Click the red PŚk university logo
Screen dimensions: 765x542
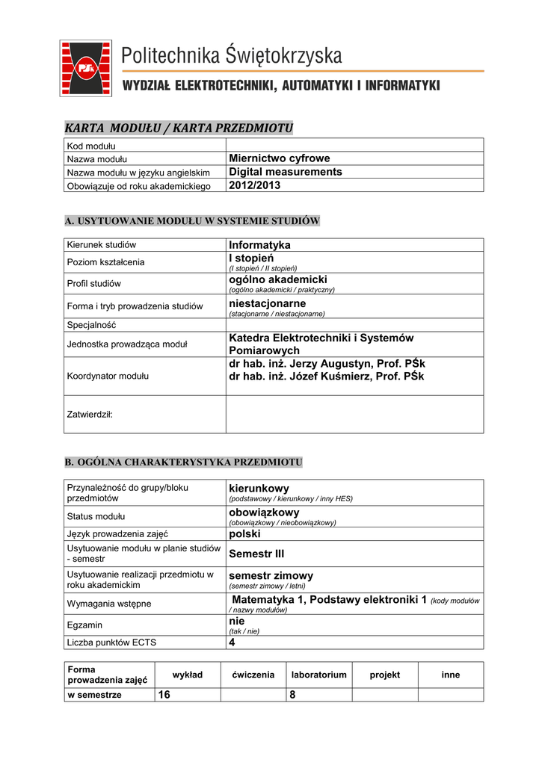click(x=86, y=68)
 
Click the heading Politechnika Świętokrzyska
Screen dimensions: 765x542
click(x=232, y=55)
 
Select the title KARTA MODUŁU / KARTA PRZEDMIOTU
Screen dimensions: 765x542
click(x=179, y=128)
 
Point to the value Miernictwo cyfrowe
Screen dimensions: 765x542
click(x=279, y=158)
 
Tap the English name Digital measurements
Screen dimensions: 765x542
click(x=285, y=172)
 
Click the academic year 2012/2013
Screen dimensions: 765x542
click(x=254, y=185)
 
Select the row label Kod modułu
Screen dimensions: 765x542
click(x=90, y=146)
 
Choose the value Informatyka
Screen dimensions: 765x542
click(x=259, y=245)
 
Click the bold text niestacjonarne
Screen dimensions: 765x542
click(x=267, y=303)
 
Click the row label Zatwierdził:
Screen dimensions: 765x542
click(x=90, y=414)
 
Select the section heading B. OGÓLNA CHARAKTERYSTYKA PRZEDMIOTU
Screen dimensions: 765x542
click(x=184, y=462)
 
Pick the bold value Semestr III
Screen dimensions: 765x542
click(x=256, y=554)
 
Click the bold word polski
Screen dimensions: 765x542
click(x=244, y=534)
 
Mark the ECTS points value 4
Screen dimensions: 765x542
click(x=232, y=642)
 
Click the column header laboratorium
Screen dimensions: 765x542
click(x=318, y=675)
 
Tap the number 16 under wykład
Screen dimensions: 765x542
click(x=163, y=695)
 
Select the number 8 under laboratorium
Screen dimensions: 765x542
click(x=292, y=695)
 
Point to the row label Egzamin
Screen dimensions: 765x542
click(x=84, y=625)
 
